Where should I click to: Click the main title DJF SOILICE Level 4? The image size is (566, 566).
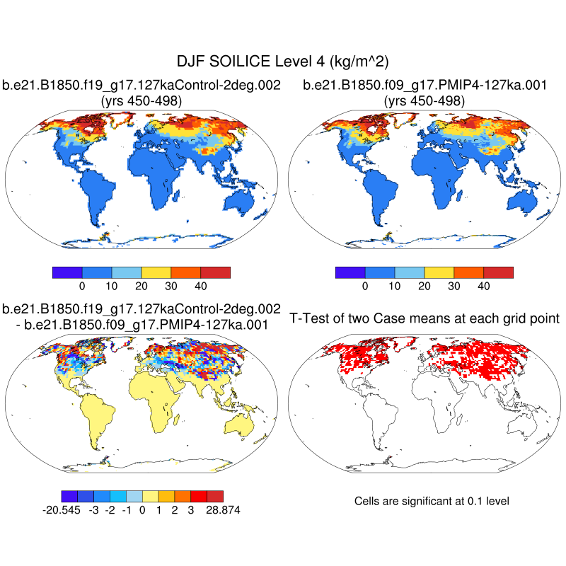click(x=283, y=63)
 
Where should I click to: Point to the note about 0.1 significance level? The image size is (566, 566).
click(x=431, y=501)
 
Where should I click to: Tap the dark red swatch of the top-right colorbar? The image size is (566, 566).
click(x=498, y=272)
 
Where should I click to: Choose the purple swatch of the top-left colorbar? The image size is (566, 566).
click(x=68, y=272)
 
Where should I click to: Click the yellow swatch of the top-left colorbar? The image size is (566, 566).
click(x=156, y=272)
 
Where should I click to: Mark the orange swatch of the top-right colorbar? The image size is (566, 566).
click(x=468, y=272)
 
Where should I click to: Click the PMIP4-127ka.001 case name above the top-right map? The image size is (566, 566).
click(x=424, y=86)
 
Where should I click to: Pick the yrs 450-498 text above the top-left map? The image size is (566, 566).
click(x=142, y=101)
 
